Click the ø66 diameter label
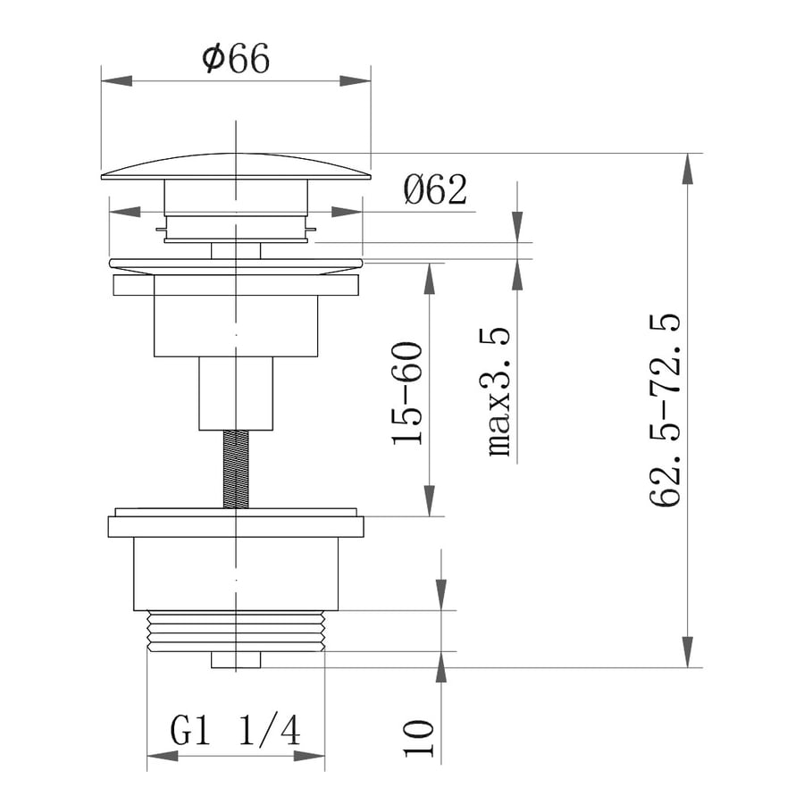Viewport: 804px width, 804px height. (x=235, y=58)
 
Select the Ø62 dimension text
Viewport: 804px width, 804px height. (x=435, y=189)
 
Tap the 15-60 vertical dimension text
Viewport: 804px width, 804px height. (x=407, y=393)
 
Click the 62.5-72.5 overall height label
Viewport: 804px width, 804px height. (x=665, y=410)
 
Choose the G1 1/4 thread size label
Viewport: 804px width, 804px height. (x=235, y=730)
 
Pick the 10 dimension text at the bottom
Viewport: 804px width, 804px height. (x=418, y=739)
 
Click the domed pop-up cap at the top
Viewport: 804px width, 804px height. (x=236, y=167)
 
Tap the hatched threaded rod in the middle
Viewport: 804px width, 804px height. (x=236, y=470)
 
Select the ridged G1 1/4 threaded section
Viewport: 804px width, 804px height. (x=236, y=632)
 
